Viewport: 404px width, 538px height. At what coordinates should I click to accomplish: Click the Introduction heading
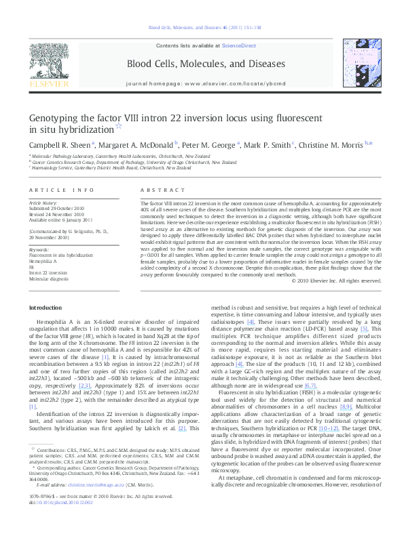[45, 308]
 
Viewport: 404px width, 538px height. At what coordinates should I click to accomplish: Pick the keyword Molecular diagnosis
[49, 277]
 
